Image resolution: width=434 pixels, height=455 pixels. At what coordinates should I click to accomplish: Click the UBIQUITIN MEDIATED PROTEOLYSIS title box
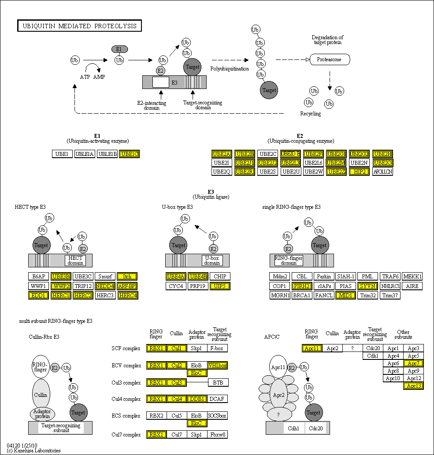click(79, 26)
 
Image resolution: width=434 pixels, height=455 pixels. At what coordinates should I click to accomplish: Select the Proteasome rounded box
click(330, 59)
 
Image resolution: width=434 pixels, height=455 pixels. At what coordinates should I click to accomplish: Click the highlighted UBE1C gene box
click(130, 154)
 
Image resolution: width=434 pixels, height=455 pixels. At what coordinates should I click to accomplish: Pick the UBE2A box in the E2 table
click(222, 154)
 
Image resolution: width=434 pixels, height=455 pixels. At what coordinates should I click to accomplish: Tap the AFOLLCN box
click(382, 171)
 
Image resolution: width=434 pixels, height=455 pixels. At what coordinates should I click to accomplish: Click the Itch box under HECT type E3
click(127, 277)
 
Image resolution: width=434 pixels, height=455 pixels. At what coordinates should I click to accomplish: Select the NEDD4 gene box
click(104, 286)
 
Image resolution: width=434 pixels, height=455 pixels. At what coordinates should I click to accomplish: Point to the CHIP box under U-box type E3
click(220, 277)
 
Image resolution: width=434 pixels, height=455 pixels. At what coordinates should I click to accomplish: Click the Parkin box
click(324, 277)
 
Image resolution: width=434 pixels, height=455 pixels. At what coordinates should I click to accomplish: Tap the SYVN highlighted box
click(367, 286)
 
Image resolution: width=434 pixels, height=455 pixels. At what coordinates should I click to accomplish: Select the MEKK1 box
click(412, 277)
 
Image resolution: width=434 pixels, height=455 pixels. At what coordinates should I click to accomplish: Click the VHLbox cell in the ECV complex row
click(218, 365)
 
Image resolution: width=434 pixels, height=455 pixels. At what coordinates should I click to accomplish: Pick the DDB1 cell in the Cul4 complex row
click(197, 399)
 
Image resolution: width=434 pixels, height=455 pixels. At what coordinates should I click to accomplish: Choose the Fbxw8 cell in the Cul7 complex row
click(218, 435)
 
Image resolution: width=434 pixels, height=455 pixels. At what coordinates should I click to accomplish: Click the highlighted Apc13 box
click(413, 386)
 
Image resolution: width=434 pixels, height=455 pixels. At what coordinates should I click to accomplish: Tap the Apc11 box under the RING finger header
click(312, 348)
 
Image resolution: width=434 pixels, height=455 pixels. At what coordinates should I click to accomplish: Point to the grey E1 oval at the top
click(119, 49)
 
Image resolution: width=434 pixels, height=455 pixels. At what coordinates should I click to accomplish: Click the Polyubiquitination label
click(230, 69)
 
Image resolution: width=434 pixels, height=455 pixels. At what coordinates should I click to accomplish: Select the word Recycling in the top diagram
click(311, 114)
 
